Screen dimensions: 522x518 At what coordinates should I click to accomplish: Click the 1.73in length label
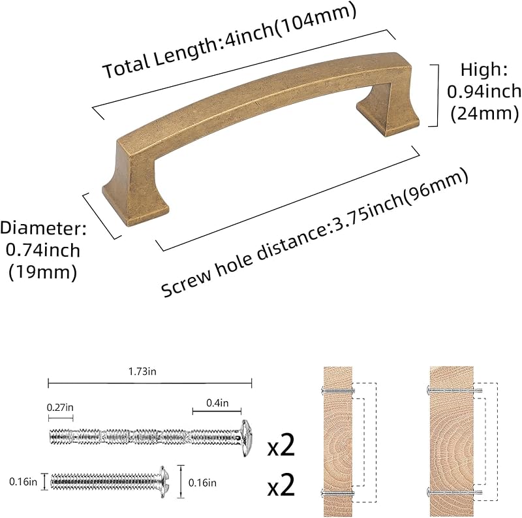pos(142,371)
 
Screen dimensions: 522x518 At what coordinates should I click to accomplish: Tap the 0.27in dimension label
pos(60,408)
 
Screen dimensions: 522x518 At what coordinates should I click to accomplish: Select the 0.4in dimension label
pos(217,403)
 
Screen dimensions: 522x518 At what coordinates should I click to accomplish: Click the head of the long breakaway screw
pos(247,438)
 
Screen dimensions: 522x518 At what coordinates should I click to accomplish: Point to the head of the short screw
pos(164,481)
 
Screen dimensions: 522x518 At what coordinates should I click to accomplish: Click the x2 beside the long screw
pos(281,445)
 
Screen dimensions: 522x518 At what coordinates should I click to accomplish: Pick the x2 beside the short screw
pos(281,485)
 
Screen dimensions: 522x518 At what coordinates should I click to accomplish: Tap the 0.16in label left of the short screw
pos(23,481)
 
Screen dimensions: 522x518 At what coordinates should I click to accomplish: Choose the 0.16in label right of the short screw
pos(202,483)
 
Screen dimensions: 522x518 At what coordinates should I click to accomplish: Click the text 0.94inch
pos(484,91)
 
